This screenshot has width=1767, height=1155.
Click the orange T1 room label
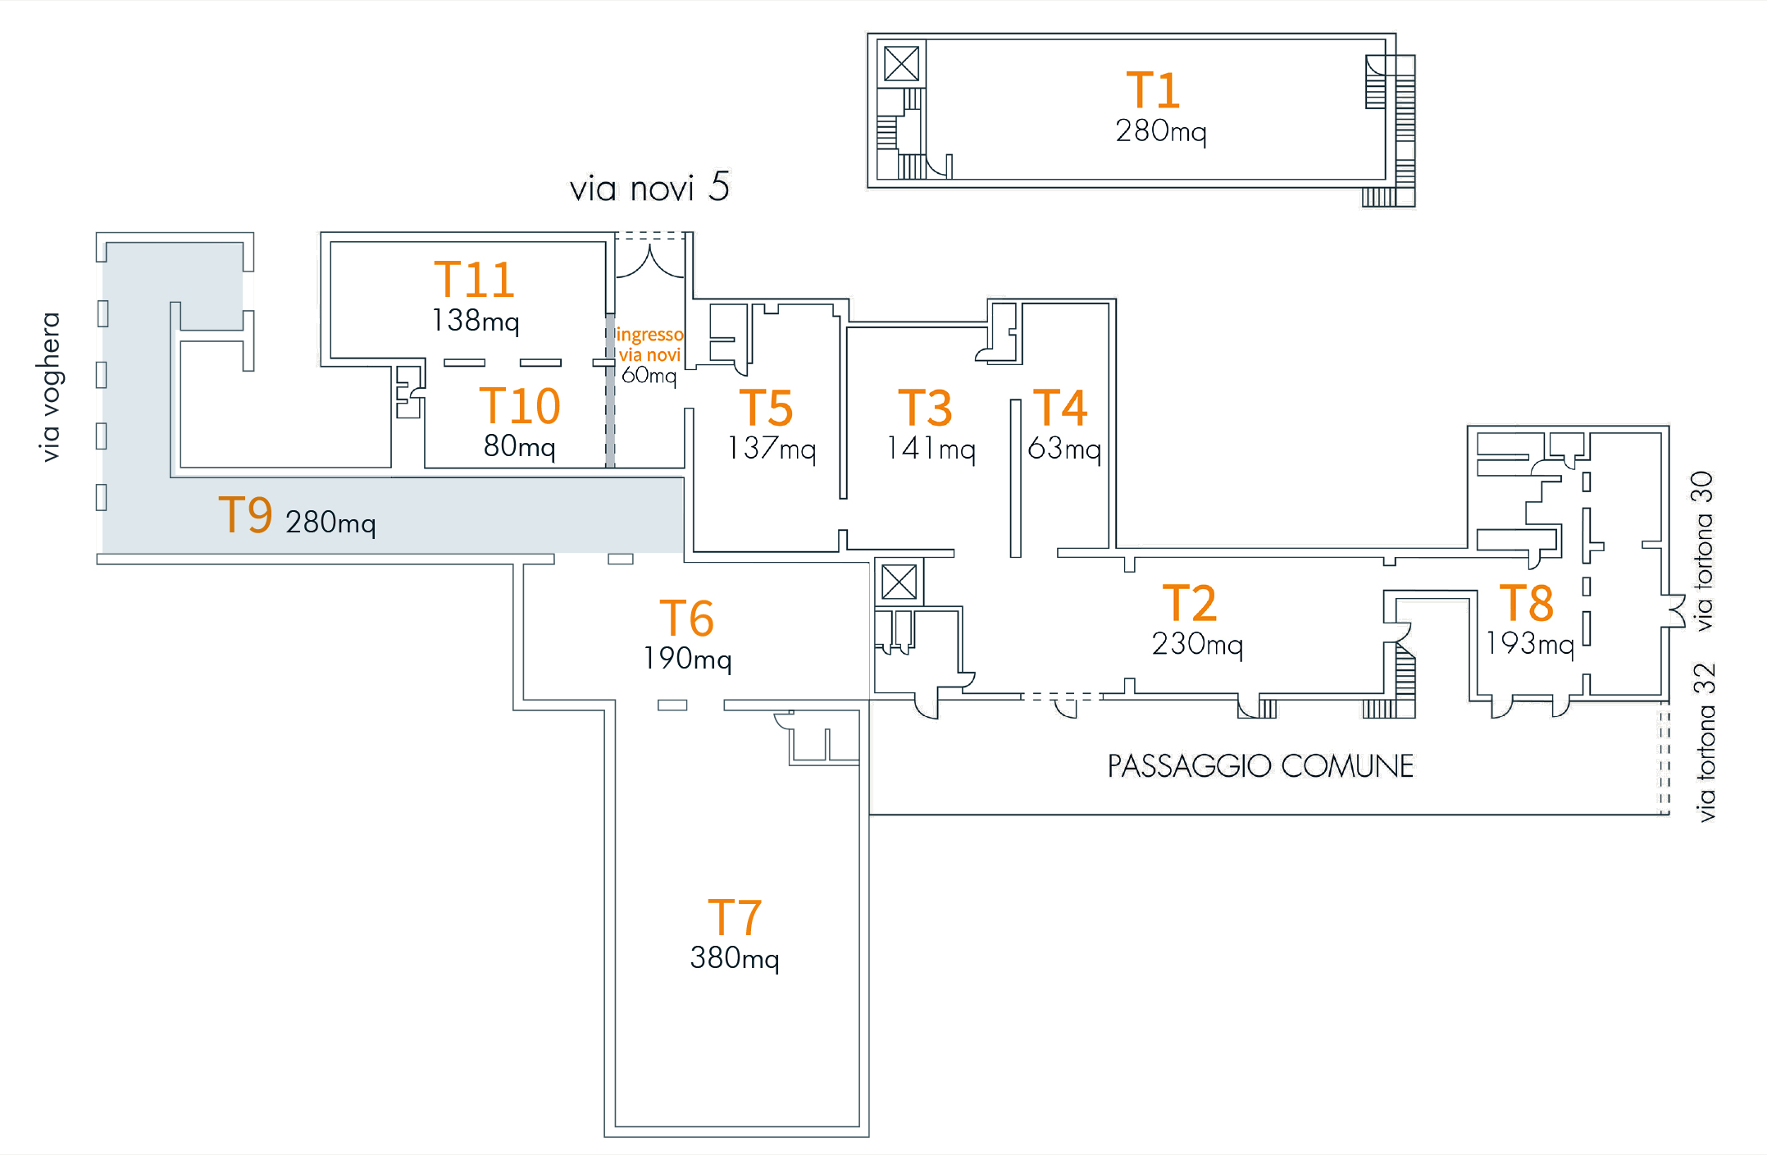tap(1152, 90)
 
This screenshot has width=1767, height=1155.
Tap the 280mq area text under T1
tap(1160, 131)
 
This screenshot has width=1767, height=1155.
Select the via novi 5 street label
tap(649, 188)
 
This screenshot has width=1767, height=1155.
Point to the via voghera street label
tap(50, 386)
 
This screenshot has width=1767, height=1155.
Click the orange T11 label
tap(474, 280)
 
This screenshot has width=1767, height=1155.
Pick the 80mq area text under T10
tap(519, 446)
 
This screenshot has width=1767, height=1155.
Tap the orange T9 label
tap(245, 515)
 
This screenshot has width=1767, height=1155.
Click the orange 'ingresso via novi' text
tap(649, 345)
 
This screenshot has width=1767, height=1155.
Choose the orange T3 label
tap(925, 408)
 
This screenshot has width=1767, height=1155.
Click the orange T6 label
tap(686, 618)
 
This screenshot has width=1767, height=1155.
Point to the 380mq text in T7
tap(734, 958)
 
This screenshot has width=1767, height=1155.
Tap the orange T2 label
tap(1189, 603)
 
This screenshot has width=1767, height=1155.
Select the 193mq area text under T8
tap(1530, 643)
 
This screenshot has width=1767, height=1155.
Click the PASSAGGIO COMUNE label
tap(1260, 766)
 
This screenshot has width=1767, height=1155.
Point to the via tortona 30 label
tap(1704, 550)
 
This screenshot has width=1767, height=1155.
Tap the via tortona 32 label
tap(1706, 742)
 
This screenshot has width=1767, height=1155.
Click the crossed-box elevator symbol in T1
tap(901, 63)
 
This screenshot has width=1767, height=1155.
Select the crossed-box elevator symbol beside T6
tap(899, 582)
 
